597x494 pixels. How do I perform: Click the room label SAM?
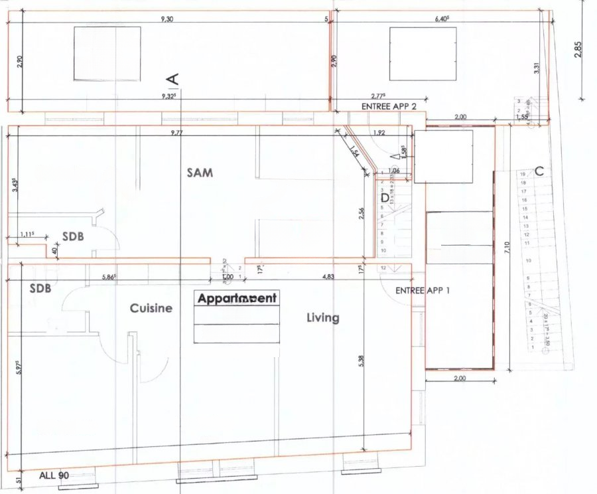[198, 173]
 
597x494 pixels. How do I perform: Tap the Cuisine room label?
[151, 308]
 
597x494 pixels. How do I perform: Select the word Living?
[322, 318]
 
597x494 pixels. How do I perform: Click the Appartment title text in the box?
[237, 299]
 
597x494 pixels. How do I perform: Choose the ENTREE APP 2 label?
[389, 106]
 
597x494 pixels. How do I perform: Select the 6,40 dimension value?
[441, 19]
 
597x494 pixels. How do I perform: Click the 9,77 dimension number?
[176, 133]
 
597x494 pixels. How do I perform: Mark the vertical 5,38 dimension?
[360, 360]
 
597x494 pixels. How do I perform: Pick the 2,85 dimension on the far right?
[578, 51]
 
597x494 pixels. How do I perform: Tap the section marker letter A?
[173, 78]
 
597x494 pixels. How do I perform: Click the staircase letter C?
[539, 171]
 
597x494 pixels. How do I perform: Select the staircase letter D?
[385, 197]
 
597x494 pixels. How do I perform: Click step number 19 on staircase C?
[523, 175]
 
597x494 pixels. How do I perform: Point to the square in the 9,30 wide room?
[107, 53]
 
